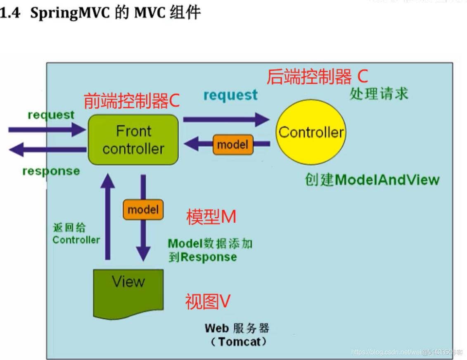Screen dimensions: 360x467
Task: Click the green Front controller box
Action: click(133, 140)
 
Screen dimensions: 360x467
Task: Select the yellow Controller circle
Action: click(311, 132)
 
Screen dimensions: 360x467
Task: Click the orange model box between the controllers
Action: click(233, 144)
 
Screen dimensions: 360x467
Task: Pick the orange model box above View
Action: click(143, 210)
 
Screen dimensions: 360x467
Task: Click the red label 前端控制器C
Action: click(132, 101)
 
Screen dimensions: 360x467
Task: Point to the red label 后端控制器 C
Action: click(317, 76)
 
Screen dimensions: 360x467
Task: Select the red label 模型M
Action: click(211, 217)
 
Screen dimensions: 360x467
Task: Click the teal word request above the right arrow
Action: click(230, 95)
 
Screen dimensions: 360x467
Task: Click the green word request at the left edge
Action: click(51, 115)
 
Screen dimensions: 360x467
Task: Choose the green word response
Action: click(51, 171)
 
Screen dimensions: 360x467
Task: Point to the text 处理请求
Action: click(379, 94)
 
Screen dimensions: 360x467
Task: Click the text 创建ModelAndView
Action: click(372, 180)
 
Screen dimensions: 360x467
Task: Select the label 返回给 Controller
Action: click(76, 234)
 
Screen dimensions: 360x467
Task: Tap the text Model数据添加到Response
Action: click(210, 250)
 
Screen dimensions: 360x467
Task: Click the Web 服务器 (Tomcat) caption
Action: click(237, 335)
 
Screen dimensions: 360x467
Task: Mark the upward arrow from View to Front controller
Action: click(108, 217)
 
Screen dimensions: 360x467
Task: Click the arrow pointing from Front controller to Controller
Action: click(226, 119)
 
